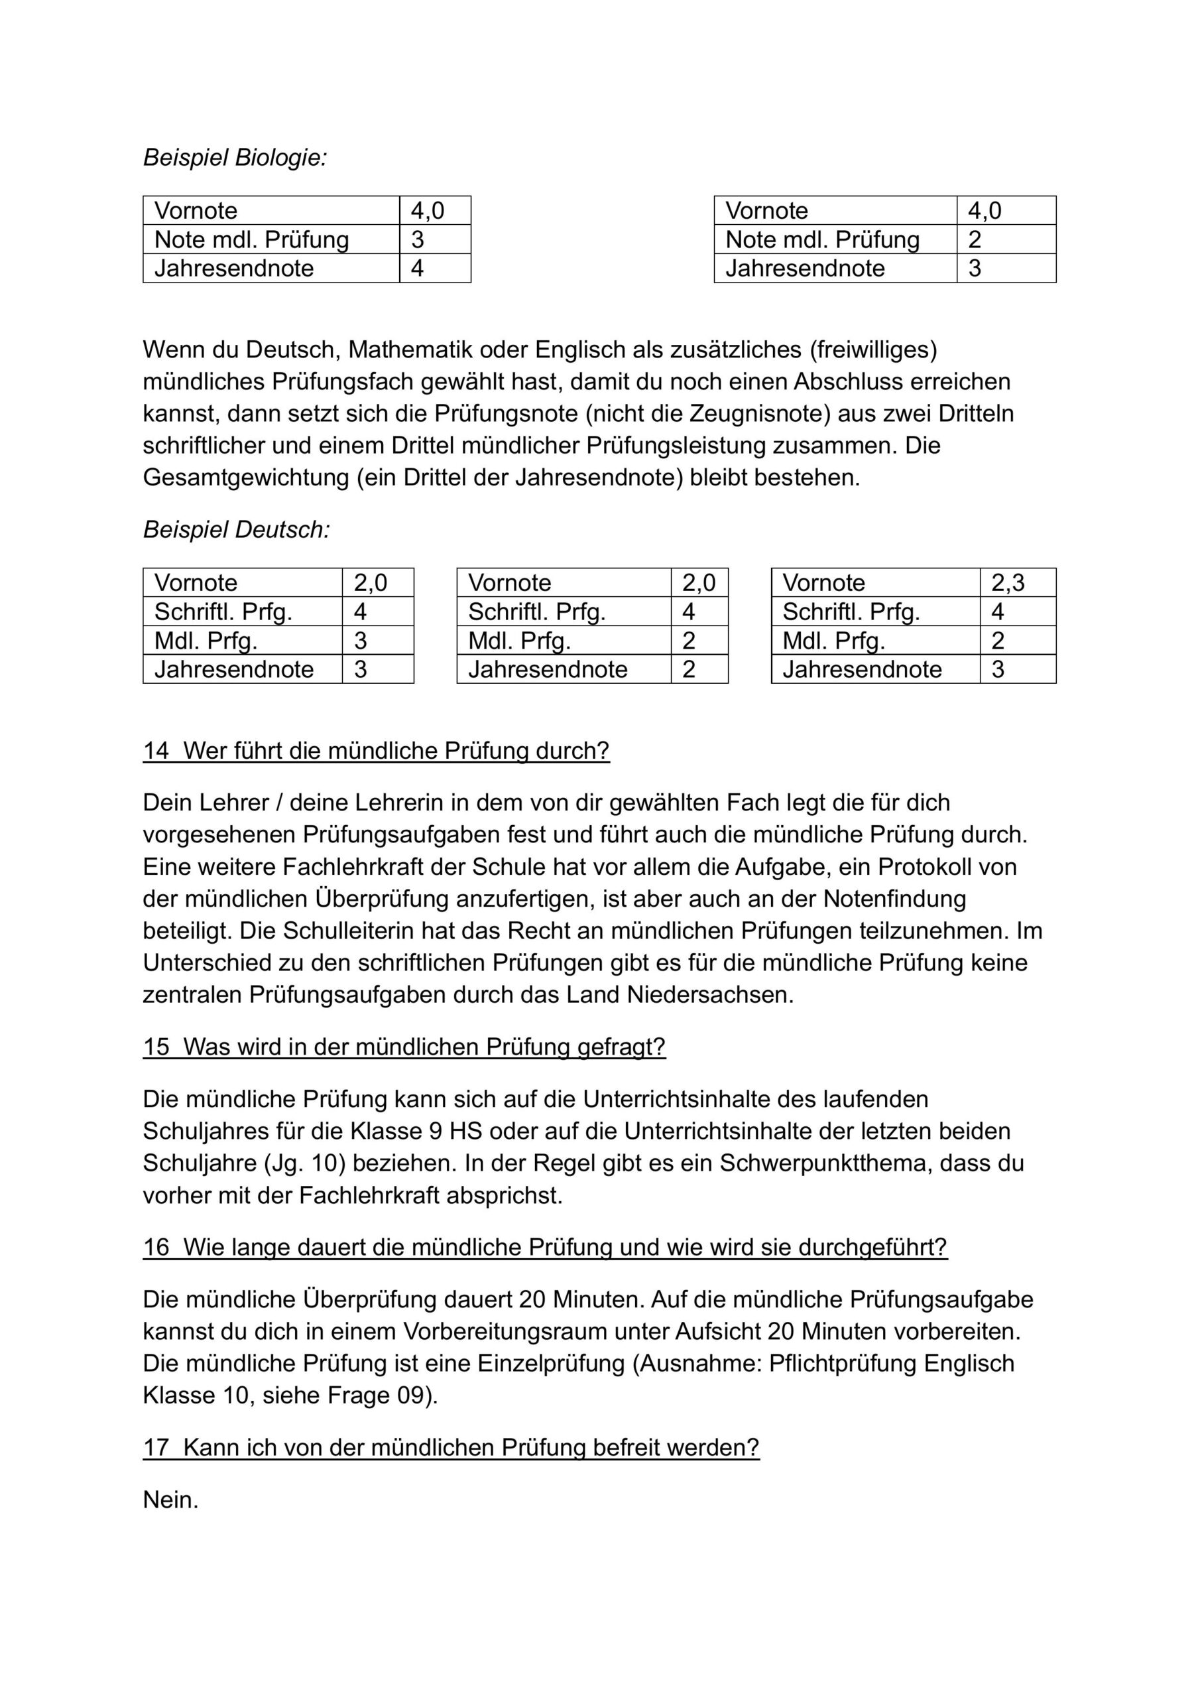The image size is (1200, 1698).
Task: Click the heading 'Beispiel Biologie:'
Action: tap(235, 157)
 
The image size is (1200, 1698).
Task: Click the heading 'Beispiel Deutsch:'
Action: tap(236, 529)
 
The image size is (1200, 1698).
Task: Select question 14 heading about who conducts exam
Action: tap(376, 751)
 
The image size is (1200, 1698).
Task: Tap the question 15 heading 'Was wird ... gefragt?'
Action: tap(404, 1047)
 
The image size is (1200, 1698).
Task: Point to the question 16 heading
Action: tap(544, 1247)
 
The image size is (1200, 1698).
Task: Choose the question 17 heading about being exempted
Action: tap(451, 1447)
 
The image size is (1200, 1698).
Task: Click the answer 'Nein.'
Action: tap(171, 1500)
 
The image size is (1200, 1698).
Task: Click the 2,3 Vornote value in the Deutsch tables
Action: tap(1008, 583)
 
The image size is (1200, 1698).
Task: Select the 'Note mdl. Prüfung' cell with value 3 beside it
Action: tap(251, 239)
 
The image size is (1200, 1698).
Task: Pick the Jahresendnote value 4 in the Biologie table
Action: tap(417, 269)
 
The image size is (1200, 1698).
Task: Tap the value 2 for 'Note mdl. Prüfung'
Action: tap(975, 239)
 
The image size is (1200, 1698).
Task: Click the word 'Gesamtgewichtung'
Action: tap(245, 478)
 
